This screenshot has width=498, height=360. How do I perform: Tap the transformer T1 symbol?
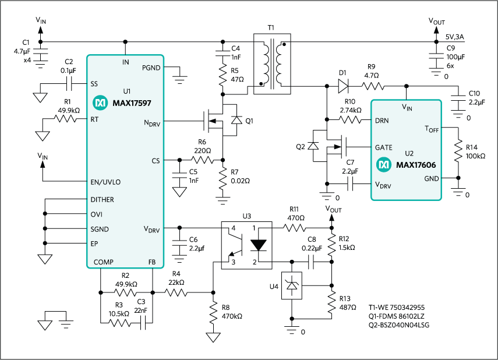click(x=271, y=63)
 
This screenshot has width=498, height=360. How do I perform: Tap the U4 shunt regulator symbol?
click(x=291, y=286)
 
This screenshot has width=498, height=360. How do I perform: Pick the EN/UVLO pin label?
click(x=105, y=182)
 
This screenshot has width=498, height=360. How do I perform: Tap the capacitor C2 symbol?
click(x=69, y=83)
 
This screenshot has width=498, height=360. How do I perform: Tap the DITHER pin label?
click(x=103, y=199)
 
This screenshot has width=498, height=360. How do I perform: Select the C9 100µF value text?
click(x=455, y=57)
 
